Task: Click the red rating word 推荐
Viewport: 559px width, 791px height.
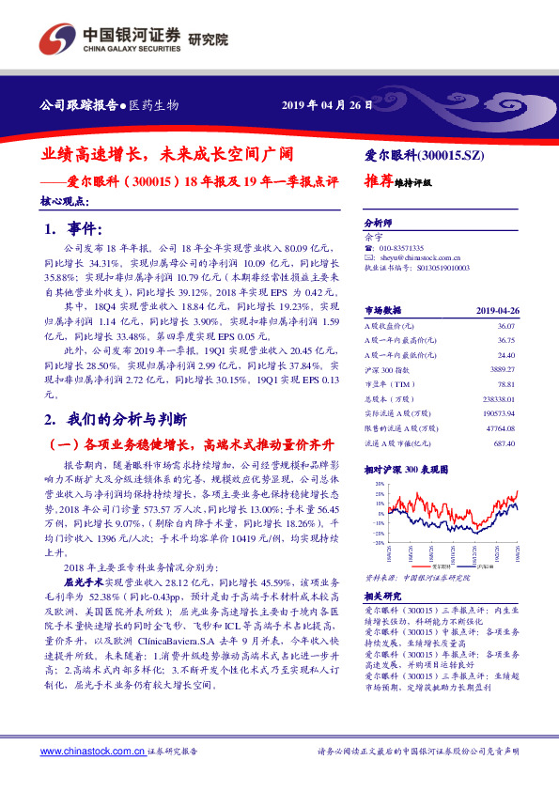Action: pos(379,182)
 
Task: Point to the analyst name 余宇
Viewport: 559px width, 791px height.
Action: pos(374,237)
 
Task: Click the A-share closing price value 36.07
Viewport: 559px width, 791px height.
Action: pos(506,325)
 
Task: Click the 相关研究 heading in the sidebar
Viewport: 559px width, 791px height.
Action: pos(380,596)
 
